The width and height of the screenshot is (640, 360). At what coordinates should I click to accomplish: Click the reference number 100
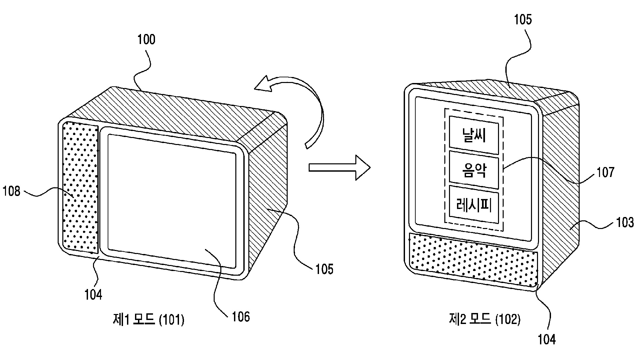pyautogui.click(x=146, y=40)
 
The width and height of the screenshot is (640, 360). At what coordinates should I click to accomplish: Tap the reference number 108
pyautogui.click(x=12, y=191)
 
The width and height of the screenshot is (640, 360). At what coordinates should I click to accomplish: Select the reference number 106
pyautogui.click(x=241, y=316)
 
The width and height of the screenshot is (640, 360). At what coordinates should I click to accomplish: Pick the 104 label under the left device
pyautogui.click(x=93, y=295)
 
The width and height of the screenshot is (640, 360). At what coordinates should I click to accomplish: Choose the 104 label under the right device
pyautogui.click(x=547, y=339)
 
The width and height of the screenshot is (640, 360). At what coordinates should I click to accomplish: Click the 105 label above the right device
pyautogui.click(x=523, y=20)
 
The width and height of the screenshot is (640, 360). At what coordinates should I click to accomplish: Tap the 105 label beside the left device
pyautogui.click(x=324, y=269)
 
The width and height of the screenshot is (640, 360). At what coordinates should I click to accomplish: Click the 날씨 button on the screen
pyautogui.click(x=474, y=136)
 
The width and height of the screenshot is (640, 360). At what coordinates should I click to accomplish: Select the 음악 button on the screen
pyautogui.click(x=474, y=170)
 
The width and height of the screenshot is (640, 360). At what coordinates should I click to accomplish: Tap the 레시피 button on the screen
pyautogui.click(x=474, y=205)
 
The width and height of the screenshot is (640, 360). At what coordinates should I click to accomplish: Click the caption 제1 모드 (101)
pyautogui.click(x=149, y=320)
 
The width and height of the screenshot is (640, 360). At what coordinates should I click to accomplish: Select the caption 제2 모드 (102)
pyautogui.click(x=484, y=320)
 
